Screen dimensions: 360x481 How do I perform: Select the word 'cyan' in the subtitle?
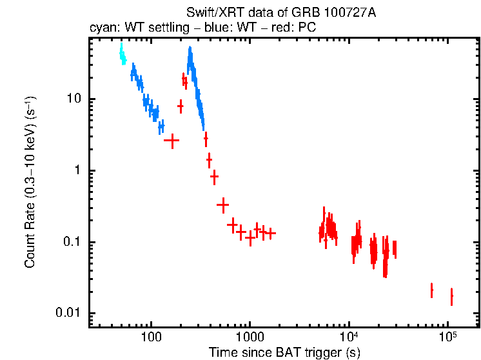[101, 28]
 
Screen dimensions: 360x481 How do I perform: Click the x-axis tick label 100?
[151, 336]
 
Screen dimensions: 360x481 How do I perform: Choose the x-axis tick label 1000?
[250, 336]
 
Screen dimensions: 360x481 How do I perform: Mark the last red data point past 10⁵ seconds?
[451, 296]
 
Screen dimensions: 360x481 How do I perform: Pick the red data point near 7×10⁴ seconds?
[431, 290]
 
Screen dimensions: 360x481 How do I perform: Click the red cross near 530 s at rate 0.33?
[222, 205]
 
